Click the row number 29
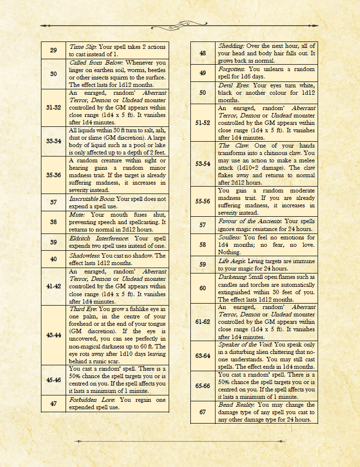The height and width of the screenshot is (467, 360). pyautogui.click(x=53, y=50)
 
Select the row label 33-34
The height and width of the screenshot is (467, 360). pyautogui.click(x=53, y=141)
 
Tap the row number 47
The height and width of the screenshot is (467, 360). pyautogui.click(x=53, y=403)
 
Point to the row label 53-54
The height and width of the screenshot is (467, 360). pyautogui.click(x=203, y=163)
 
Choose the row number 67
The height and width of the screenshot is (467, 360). pyautogui.click(x=203, y=412)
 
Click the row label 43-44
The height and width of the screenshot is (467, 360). pyautogui.click(x=53, y=335)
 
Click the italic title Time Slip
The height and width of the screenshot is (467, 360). pyautogui.click(x=83, y=47)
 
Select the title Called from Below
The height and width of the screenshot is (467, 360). pyautogui.click(x=96, y=63)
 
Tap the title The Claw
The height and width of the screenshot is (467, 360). pyautogui.click(x=231, y=146)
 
